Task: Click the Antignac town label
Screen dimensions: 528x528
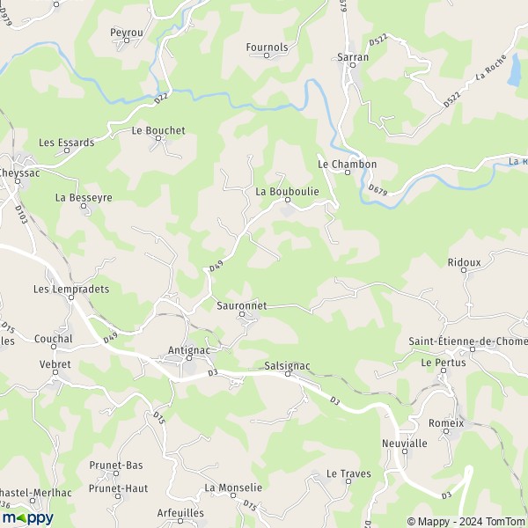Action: point(187,350)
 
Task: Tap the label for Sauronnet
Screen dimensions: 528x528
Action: point(241,305)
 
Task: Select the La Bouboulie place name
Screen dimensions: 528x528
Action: point(287,190)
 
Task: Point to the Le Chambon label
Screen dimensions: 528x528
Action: point(347,164)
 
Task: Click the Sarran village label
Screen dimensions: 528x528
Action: point(353,57)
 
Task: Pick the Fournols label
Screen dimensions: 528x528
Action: point(268,47)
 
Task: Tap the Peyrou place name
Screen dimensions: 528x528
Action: point(127,33)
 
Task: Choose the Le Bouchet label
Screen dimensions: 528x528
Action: point(158,130)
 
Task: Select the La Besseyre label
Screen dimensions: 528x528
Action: point(84,198)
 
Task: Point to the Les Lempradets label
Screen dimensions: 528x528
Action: point(70,289)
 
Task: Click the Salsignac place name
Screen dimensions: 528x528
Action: point(287,365)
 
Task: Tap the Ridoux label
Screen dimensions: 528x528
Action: point(465,262)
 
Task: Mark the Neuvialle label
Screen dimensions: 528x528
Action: point(405,444)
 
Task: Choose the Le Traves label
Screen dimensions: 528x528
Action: point(348,473)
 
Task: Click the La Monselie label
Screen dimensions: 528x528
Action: point(233,488)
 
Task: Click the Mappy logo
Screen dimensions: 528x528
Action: point(27,517)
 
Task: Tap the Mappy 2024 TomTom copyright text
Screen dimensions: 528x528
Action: point(463,519)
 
